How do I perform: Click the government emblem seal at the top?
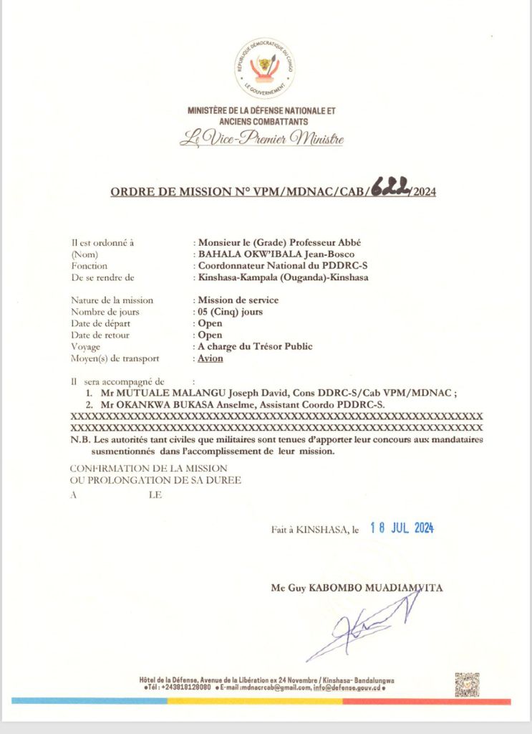tap(265, 70)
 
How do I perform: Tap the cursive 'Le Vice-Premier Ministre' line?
tap(261, 139)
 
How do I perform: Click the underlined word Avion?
tap(211, 358)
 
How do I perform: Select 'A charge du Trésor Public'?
tap(255, 346)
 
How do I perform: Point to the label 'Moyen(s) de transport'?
tap(115, 358)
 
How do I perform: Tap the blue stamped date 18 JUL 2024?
tap(402, 529)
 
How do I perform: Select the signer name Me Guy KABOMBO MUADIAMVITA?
tap(357, 588)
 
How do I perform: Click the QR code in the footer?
tap(467, 685)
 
